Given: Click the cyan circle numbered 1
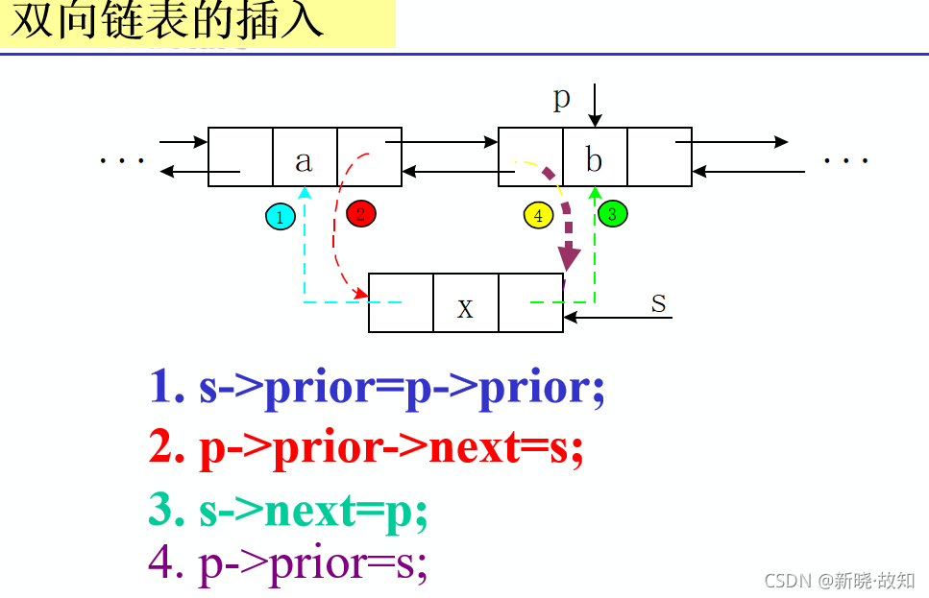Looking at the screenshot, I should pyautogui.click(x=280, y=217).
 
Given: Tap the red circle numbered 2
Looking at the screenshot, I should pyautogui.click(x=360, y=213).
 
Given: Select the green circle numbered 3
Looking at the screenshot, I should pyautogui.click(x=612, y=213).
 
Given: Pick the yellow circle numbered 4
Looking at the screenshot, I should pyautogui.click(x=538, y=215).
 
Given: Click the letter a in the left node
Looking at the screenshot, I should pyautogui.click(x=304, y=160).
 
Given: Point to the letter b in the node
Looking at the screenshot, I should pyautogui.click(x=594, y=160).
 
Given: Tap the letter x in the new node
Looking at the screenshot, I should pyautogui.click(x=465, y=307).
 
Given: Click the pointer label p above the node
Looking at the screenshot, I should pyautogui.click(x=562, y=98).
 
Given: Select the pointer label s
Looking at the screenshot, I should pyautogui.click(x=658, y=303).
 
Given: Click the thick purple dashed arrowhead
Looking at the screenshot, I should pyautogui.click(x=571, y=257).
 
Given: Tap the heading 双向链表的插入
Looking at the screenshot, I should pyautogui.click(x=168, y=22).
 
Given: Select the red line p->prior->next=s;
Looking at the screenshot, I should pyautogui.click(x=366, y=447).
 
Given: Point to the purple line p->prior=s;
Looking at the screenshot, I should pyautogui.click(x=288, y=564).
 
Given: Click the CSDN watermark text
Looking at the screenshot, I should pyautogui.click(x=838, y=580).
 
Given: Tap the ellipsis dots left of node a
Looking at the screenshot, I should pyautogui.click(x=122, y=160).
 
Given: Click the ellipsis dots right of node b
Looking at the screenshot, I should pyautogui.click(x=845, y=160).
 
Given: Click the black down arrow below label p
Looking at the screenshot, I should pyautogui.click(x=595, y=106).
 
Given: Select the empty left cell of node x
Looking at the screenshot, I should pyautogui.click(x=401, y=303).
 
